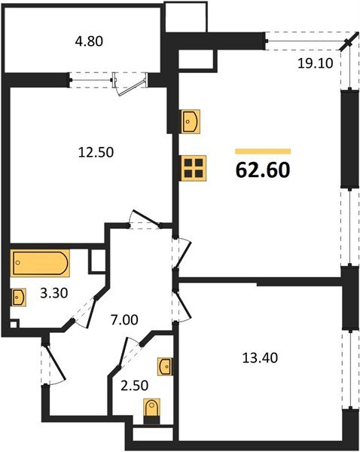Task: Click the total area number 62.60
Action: tap(263, 169)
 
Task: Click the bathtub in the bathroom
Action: tap(40, 264)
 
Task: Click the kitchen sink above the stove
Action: tap(191, 121)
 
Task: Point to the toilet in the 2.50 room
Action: tap(151, 413)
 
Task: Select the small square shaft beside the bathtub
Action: tap(96, 262)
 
